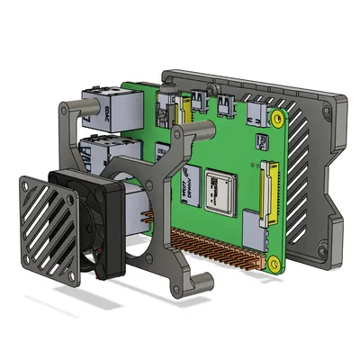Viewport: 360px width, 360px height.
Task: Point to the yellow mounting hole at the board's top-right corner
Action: pyautogui.click(x=278, y=117)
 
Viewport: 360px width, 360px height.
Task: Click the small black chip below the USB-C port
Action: pyautogui.click(x=262, y=141)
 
